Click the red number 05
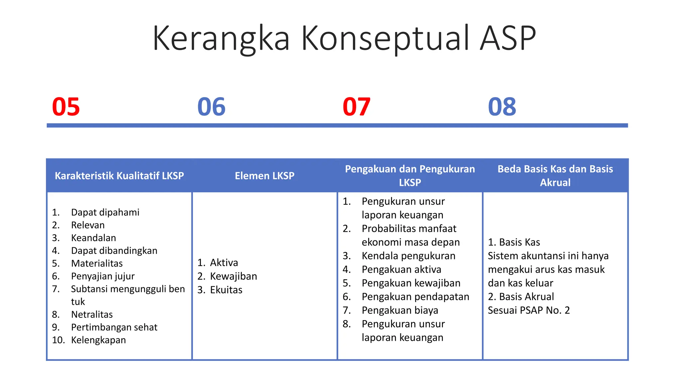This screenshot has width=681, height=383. pos(66,107)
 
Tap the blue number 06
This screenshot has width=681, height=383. pos(211,107)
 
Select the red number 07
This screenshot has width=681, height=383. pos(356,107)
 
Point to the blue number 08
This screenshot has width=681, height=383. pos(502,107)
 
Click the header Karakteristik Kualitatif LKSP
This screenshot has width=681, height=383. pos(119,176)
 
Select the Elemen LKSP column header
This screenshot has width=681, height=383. pos(264,176)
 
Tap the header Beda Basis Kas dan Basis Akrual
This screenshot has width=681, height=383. pos(555,176)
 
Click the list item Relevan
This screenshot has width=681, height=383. pos(88,225)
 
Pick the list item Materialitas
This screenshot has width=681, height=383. pos(97,263)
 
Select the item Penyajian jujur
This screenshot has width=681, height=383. pos(103,276)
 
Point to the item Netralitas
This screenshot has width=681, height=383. pos(92,315)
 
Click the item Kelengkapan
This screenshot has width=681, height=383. pos(98,340)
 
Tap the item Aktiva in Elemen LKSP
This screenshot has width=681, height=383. pos(224,263)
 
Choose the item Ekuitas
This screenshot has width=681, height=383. pos(226,290)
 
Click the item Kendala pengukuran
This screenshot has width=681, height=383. pos(408,256)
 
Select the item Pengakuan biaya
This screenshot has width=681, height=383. pos(400,310)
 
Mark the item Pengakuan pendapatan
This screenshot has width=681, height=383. pos(415,297)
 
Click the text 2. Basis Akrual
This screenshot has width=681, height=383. pos(521,297)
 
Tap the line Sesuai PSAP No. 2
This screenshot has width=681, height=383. pos(529,310)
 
